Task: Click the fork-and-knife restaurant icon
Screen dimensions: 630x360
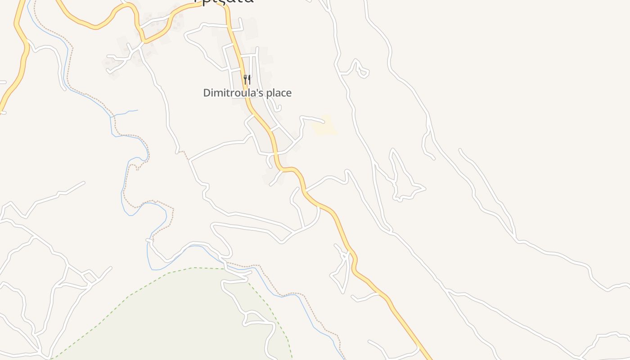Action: pos(247,80)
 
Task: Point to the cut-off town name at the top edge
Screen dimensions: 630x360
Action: pos(224,1)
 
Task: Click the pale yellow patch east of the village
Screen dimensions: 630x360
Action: pos(325,126)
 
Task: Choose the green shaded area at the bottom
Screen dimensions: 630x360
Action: pos(180,315)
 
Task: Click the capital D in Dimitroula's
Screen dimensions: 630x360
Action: pos(207,93)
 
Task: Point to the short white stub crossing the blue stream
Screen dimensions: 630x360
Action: pos(150,241)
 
